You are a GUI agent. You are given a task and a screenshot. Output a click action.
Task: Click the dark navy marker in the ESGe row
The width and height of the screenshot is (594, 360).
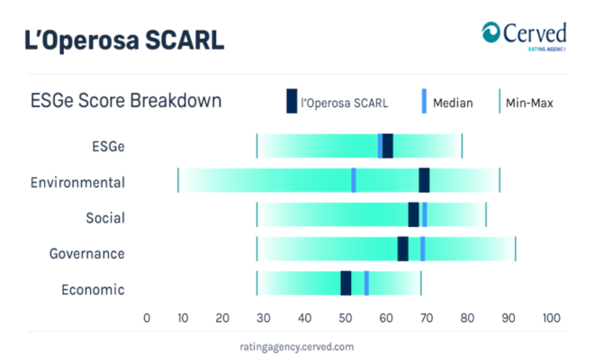pyautogui.click(x=388, y=146)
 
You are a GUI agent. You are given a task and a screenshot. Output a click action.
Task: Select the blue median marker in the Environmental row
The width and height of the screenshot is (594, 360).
pyautogui.click(x=354, y=180)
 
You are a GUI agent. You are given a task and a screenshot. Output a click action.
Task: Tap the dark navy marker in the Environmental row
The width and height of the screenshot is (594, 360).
pyautogui.click(x=424, y=180)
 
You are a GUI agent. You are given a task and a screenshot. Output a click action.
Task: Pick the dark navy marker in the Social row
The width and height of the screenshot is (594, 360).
pyautogui.click(x=414, y=214)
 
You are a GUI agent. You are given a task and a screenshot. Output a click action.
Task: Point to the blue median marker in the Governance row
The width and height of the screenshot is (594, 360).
pyautogui.click(x=422, y=249)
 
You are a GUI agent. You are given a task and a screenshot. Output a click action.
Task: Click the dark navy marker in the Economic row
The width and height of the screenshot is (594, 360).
pyautogui.click(x=346, y=283)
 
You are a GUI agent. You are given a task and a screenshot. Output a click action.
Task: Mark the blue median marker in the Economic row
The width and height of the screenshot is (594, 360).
pyautogui.click(x=366, y=283)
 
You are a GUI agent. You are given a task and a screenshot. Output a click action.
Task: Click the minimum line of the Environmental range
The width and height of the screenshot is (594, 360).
pyautogui.click(x=178, y=180)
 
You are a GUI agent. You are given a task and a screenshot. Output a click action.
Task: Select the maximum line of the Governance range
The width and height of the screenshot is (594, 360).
pyautogui.click(x=515, y=249)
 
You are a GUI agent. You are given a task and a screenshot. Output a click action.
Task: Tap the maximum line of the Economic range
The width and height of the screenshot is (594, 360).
pyautogui.click(x=420, y=283)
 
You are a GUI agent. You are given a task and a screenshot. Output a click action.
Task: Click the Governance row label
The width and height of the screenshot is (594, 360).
pyautogui.click(x=86, y=254)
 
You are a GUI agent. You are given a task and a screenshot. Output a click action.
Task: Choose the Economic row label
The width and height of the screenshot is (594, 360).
pyautogui.click(x=93, y=290)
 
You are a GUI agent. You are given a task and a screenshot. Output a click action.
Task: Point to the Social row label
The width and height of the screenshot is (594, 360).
pyautogui.click(x=105, y=218)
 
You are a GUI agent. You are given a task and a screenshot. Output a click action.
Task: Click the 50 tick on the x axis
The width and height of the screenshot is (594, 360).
pyautogui.click(x=345, y=318)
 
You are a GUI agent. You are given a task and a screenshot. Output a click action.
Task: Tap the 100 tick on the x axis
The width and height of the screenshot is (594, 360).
pyautogui.click(x=551, y=318)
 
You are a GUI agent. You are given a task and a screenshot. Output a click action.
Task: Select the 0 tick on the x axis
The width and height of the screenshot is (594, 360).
pyautogui.click(x=147, y=318)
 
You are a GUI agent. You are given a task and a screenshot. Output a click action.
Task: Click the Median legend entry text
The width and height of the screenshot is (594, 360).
pyautogui.click(x=453, y=103)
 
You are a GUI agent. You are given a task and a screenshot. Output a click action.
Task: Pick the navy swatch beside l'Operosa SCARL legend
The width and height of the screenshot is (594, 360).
pyautogui.click(x=292, y=101)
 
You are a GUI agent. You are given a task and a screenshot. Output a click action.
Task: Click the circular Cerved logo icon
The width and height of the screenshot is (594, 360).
pyautogui.click(x=491, y=32)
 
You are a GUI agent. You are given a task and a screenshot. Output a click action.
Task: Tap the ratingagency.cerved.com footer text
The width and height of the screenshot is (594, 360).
pyautogui.click(x=297, y=346)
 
